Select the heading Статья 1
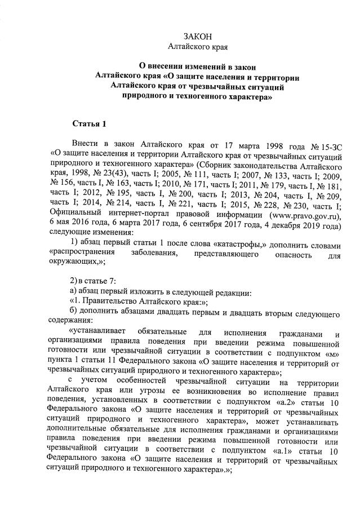point(89,123)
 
